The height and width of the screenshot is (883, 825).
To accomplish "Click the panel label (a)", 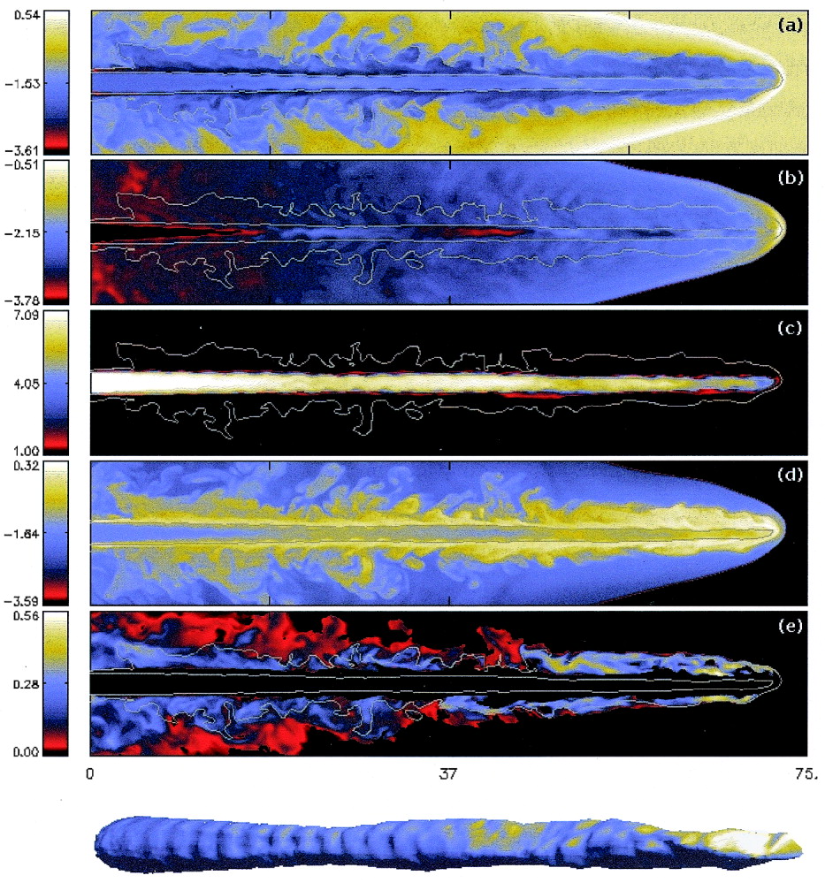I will pos(789,27).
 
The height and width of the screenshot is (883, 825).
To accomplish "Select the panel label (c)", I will pos(789,327).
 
